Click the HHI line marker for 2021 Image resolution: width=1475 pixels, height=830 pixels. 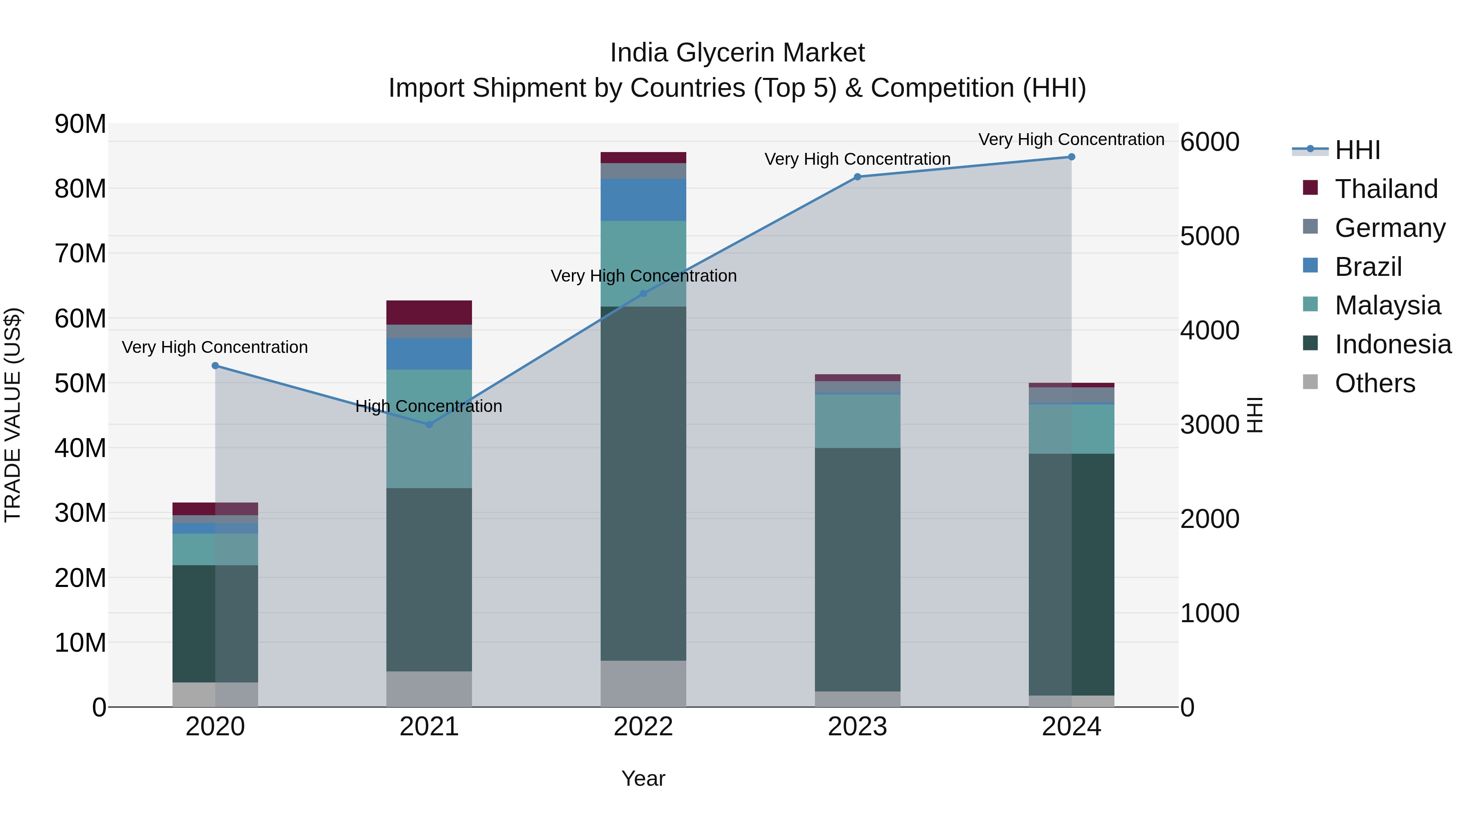[x=429, y=425]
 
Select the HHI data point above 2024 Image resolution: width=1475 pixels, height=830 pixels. [x=1071, y=157]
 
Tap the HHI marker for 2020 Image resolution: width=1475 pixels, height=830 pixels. [x=215, y=366]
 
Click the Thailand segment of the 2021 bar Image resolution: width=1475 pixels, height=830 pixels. [x=429, y=313]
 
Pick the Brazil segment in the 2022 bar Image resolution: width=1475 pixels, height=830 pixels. [x=643, y=200]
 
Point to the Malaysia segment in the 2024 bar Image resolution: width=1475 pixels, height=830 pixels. [x=1071, y=429]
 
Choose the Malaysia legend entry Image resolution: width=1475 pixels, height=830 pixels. [x=1387, y=305]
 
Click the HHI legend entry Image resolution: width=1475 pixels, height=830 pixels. [x=1357, y=150]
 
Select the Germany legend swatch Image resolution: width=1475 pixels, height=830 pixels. [x=1310, y=227]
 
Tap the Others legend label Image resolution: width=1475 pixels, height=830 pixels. [x=1375, y=383]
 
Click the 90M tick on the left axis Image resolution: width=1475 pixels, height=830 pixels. [x=80, y=124]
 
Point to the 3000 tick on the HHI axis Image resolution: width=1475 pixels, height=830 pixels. [x=1209, y=425]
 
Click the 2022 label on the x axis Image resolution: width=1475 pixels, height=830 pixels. [x=643, y=727]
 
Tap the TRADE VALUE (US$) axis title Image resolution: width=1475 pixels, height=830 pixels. [x=13, y=415]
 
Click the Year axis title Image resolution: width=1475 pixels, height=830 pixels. [x=643, y=778]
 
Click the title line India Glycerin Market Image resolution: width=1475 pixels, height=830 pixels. [x=737, y=53]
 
